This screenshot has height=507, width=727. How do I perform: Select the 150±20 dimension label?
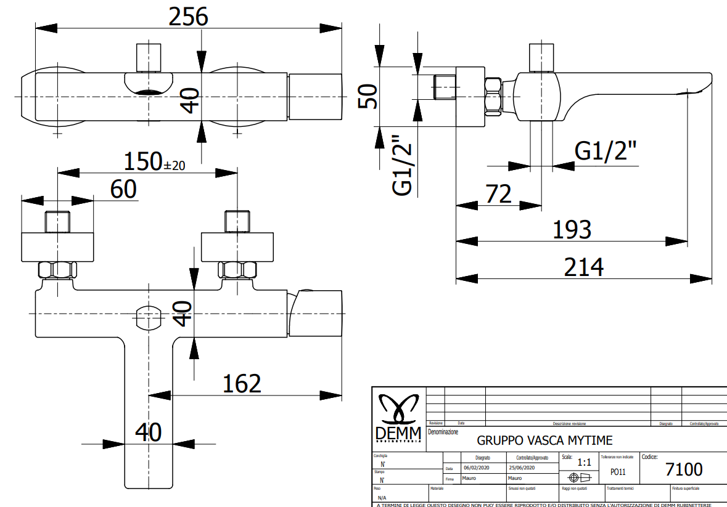[154, 162]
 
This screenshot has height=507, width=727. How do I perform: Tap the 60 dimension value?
[123, 189]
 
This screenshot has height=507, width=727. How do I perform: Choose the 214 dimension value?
[583, 267]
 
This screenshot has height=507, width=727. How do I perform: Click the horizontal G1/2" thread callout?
[606, 151]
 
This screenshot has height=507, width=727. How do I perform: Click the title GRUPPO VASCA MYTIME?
[544, 440]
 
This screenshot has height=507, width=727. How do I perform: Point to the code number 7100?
[684, 469]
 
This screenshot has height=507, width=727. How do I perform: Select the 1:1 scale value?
[584, 462]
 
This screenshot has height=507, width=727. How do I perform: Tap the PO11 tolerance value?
[617, 472]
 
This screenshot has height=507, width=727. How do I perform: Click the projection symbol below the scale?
[580, 477]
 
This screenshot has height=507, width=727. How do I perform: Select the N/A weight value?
[382, 497]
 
